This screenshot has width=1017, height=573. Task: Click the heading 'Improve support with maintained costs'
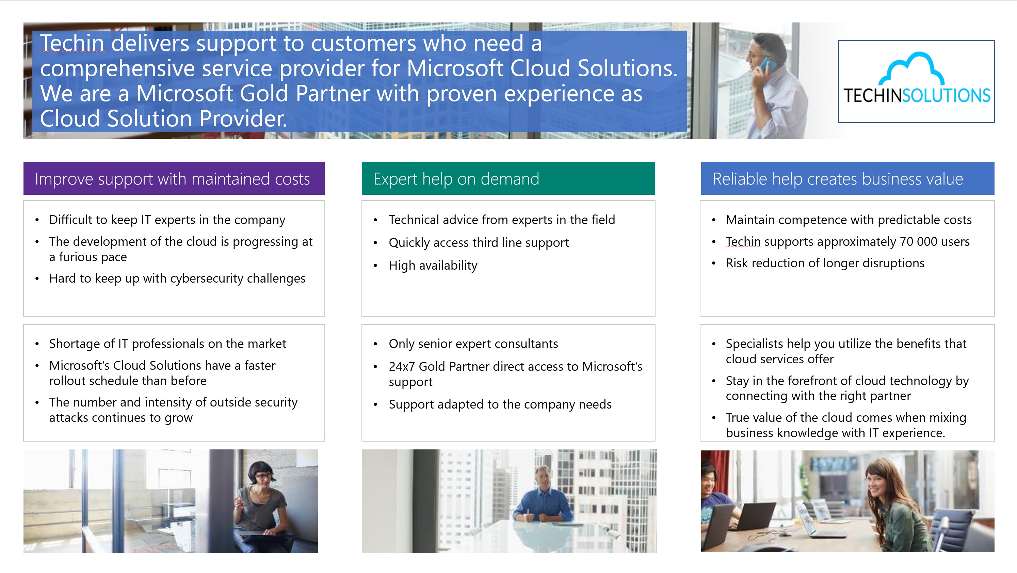[x=172, y=179]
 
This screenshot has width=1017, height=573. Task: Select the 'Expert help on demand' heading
[x=456, y=179]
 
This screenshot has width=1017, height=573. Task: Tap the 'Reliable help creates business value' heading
[x=838, y=179]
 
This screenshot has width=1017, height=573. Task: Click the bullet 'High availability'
[x=433, y=265]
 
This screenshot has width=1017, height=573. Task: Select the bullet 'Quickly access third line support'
[x=479, y=242]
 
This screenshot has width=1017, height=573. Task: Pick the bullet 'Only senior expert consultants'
[x=473, y=344]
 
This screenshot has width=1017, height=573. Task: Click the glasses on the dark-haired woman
[x=263, y=477]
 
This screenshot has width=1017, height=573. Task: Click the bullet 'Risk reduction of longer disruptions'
[x=825, y=263]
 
